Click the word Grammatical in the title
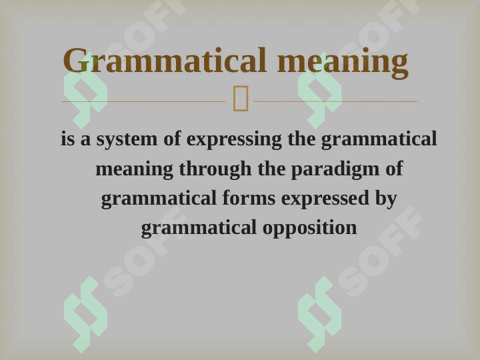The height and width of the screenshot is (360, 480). coord(165,60)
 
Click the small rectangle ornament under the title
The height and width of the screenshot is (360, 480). coord(241,98)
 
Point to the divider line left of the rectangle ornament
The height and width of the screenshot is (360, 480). coord(143,101)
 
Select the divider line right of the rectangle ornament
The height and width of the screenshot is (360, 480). coord(336,101)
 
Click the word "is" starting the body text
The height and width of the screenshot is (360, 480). coord(67,139)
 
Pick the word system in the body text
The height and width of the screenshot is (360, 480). coord(127,139)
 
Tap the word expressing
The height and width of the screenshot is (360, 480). coord(234,139)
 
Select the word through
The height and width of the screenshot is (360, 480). coord(215,169)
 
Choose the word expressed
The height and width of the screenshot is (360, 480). coord(325,199)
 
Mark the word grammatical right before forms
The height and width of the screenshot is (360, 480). coord(159,199)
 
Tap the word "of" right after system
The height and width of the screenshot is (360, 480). coord(173,139)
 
